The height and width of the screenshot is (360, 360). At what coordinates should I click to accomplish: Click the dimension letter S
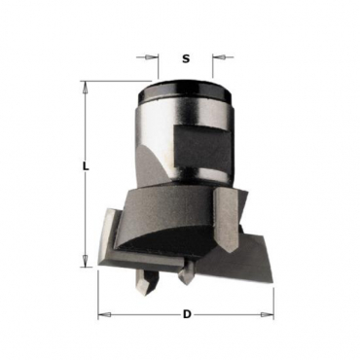pyautogui.click(x=186, y=59)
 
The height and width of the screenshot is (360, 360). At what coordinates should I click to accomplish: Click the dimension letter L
pyautogui.click(x=85, y=166)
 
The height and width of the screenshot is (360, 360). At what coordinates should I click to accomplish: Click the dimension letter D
pyautogui.click(x=187, y=314)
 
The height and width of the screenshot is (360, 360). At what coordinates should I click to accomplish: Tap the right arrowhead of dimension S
pyautogui.click(x=219, y=57)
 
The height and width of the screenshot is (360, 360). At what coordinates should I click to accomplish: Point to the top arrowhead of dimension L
pyautogui.click(x=86, y=88)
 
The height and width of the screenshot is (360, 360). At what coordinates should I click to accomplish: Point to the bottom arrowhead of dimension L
pyautogui.click(x=86, y=261)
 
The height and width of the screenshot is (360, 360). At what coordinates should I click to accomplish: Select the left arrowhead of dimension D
pyautogui.click(x=105, y=314)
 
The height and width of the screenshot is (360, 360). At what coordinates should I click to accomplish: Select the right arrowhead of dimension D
pyautogui.click(x=267, y=314)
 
